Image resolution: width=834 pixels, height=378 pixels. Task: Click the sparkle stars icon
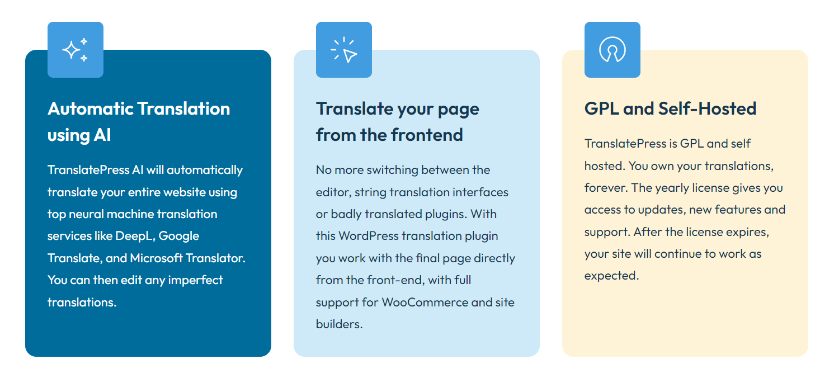coord(75,50)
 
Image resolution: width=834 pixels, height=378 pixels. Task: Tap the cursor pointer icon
coord(344,50)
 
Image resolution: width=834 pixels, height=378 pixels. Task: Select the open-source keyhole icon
coord(612,49)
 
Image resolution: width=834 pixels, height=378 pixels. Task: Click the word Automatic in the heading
coord(91,108)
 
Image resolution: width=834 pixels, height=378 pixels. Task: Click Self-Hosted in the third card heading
coord(708,108)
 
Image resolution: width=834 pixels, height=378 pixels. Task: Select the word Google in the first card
coord(179,236)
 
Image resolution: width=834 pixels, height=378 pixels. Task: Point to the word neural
coord(86,214)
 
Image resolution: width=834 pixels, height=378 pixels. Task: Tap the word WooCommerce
coord(425,302)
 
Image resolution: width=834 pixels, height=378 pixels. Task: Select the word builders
coord(339,324)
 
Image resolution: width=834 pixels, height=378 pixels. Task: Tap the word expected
coord(612,276)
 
